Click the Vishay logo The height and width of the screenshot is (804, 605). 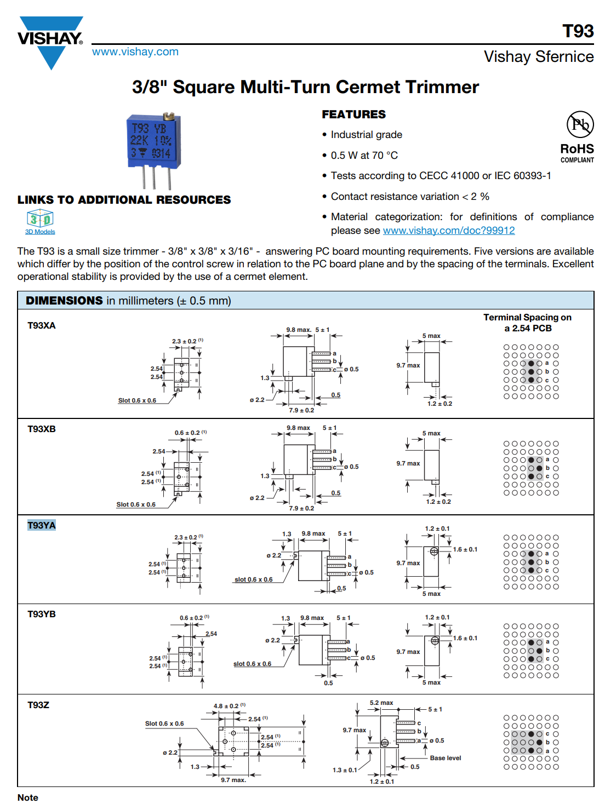pos(50,42)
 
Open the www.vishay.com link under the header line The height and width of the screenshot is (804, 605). pos(135,51)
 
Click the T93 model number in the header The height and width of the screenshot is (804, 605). pos(578,31)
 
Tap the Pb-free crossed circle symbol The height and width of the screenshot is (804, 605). pos(580,124)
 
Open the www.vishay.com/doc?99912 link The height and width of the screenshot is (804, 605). pos(448,231)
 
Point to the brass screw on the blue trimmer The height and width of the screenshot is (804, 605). pos(168,116)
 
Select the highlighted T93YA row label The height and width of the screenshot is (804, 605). pos(42,525)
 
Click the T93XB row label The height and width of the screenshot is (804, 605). pos(42,429)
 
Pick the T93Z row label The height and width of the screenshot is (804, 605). pos(38,705)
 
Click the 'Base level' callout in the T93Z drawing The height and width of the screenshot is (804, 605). pos(445,758)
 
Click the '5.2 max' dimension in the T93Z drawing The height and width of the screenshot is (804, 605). pos(381,703)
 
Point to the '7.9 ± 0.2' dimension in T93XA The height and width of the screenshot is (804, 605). pos(301,410)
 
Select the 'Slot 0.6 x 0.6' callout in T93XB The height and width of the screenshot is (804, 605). pos(136,504)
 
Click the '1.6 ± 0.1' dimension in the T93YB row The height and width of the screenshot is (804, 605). pos(465,638)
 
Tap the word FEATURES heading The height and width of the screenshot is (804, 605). pos(353,114)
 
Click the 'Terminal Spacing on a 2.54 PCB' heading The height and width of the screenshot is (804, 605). pos(528,323)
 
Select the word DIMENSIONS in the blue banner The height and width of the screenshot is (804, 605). pos(64,300)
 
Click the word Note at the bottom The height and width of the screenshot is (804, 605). pos(28,798)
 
